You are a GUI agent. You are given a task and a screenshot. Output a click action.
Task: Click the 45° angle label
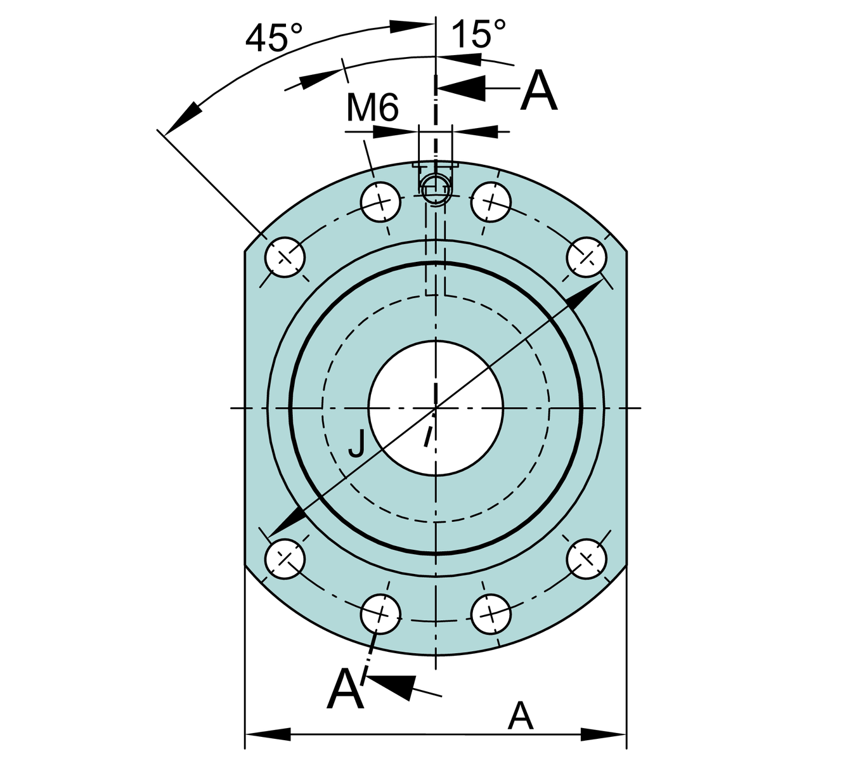(273, 39)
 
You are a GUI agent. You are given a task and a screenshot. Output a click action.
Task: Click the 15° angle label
(479, 34)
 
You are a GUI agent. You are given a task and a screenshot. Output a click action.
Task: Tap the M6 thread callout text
(372, 107)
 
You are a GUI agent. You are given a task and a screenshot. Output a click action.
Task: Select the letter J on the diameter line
(356, 443)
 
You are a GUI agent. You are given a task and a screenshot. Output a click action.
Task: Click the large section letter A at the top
(539, 92)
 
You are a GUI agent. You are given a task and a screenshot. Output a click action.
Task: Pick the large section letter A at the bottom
(346, 689)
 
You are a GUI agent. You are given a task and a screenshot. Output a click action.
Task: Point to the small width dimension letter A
(521, 716)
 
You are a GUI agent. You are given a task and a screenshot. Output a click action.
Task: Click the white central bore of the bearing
(436, 408)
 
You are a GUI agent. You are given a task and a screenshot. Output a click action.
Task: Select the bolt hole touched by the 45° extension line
(285, 257)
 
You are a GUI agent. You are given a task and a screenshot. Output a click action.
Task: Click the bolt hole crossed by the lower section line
(380, 613)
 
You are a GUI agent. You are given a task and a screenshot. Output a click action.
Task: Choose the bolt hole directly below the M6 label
(380, 202)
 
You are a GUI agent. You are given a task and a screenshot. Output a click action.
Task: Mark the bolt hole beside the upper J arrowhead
(586, 257)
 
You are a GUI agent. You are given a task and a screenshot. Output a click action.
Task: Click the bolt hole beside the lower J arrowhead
(285, 559)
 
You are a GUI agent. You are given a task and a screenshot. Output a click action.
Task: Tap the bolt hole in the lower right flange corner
(586, 559)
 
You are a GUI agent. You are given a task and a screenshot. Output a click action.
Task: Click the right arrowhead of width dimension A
(604, 734)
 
